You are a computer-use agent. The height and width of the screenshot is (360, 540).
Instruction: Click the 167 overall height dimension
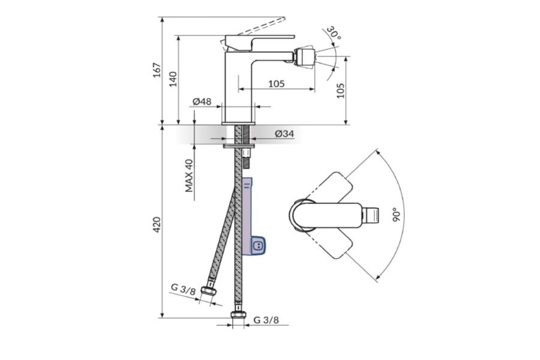tap(157, 70)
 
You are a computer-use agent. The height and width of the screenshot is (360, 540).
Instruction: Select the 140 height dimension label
tap(173, 79)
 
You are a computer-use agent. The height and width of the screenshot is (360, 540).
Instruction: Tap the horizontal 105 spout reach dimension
tap(277, 84)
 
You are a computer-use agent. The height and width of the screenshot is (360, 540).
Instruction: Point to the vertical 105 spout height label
tap(340, 90)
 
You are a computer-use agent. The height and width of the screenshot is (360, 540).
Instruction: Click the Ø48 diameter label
tap(202, 101)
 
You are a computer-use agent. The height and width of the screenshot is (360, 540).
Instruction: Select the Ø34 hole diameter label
tap(285, 133)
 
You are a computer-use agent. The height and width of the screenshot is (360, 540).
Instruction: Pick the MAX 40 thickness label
tap(189, 175)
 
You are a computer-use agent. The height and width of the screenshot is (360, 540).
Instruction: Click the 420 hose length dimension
tap(157, 224)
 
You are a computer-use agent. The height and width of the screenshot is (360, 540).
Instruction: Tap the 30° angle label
tap(333, 34)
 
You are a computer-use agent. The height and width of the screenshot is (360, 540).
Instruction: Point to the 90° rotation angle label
tap(397, 214)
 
